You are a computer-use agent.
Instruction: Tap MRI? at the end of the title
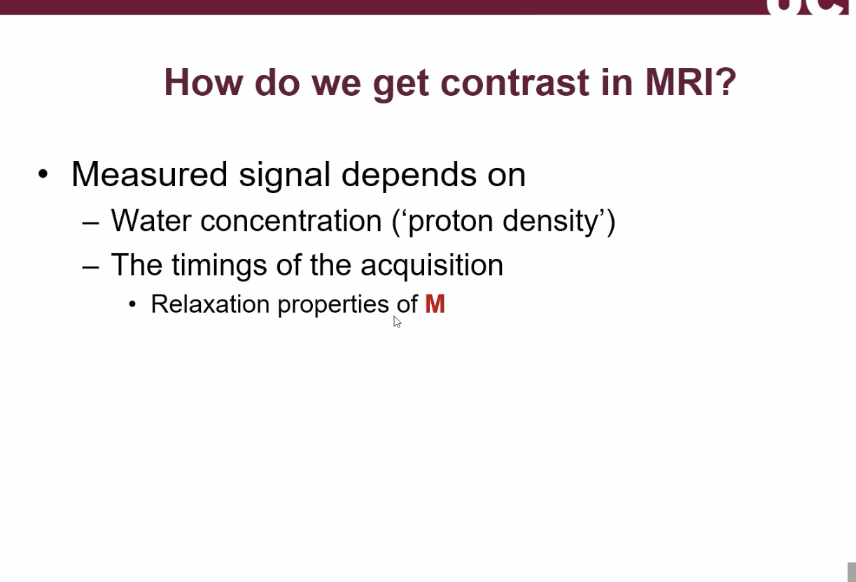690,83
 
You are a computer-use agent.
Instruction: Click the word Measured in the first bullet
149,174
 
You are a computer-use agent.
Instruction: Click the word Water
150,221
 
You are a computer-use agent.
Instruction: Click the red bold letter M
435,304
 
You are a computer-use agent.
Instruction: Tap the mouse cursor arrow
397,322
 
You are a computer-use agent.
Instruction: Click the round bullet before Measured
43,174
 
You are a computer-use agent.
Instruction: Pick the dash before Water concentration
90,222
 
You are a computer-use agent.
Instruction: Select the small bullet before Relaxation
133,305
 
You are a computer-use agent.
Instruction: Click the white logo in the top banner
809,7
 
